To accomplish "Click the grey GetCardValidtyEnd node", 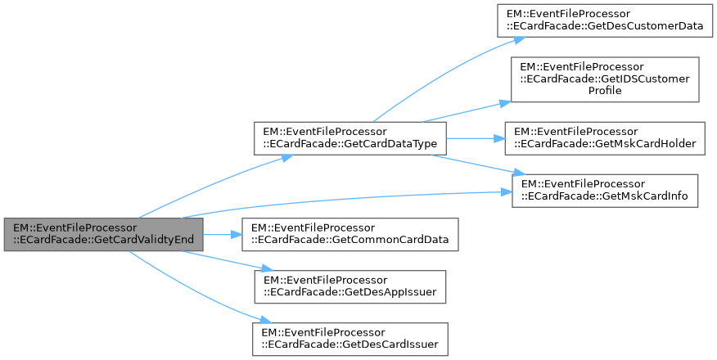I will (x=103, y=235).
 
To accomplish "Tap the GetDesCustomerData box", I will (x=604, y=19).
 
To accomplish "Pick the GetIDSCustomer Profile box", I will (x=605, y=79).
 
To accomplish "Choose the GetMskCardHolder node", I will (x=605, y=137).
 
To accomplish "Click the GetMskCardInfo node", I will (x=605, y=190).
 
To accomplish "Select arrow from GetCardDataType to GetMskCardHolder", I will (x=476, y=137).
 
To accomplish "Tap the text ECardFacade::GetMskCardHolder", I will (x=604, y=144).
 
